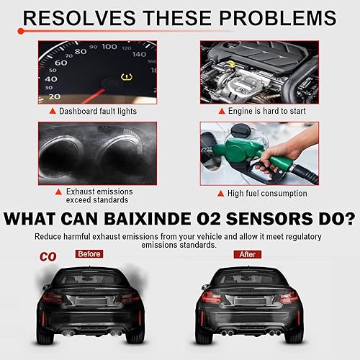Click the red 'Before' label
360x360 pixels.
(89, 253)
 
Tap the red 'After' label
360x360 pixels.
(247, 253)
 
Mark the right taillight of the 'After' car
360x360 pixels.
(287, 297)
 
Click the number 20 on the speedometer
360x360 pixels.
(53, 96)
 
